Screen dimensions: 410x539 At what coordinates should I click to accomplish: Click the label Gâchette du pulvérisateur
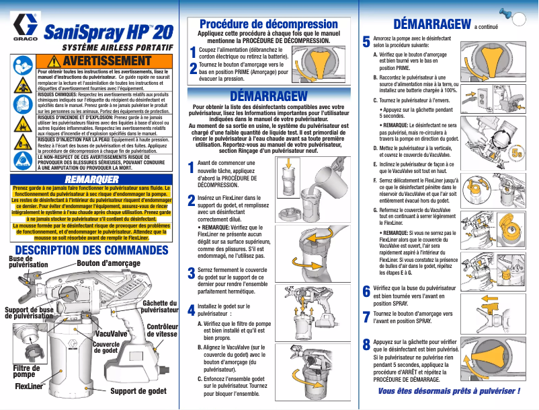pyautogui.click(x=160, y=307)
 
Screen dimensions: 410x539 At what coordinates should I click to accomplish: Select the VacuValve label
pyautogui.click(x=112, y=333)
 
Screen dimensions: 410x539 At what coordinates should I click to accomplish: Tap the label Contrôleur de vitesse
pyautogui.click(x=162, y=330)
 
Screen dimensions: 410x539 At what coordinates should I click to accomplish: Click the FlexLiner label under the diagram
pyautogui.click(x=29, y=387)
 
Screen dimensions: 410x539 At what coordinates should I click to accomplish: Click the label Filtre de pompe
pyautogui.click(x=26, y=371)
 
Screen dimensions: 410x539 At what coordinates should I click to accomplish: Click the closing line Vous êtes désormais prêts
pyautogui.click(x=449, y=391)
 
